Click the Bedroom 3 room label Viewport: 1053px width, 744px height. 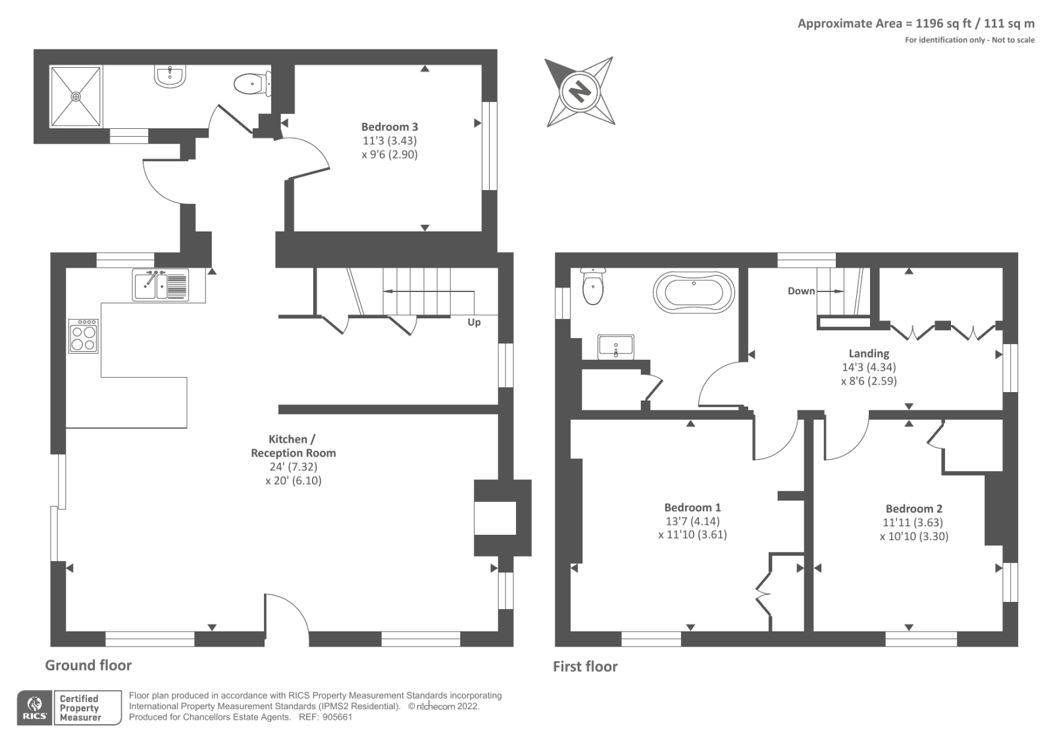[389, 127]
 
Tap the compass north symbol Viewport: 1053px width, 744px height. [580, 91]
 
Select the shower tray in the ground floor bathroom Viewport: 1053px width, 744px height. [77, 96]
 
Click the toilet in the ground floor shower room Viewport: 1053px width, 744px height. [251, 84]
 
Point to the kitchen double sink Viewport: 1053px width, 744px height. [160, 285]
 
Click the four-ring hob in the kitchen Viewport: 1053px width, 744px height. [84, 336]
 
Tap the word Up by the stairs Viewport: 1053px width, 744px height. [474, 322]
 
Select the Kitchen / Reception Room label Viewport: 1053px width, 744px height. [294, 446]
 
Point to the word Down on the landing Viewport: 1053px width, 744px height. [801, 291]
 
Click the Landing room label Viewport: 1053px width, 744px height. [869, 353]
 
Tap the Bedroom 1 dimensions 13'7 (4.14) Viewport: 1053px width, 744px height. [692, 521]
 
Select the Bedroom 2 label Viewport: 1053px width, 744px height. [913, 508]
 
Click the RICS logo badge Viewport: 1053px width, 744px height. [34, 708]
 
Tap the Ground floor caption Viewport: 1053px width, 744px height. [88, 665]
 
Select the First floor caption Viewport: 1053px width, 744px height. [585, 666]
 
